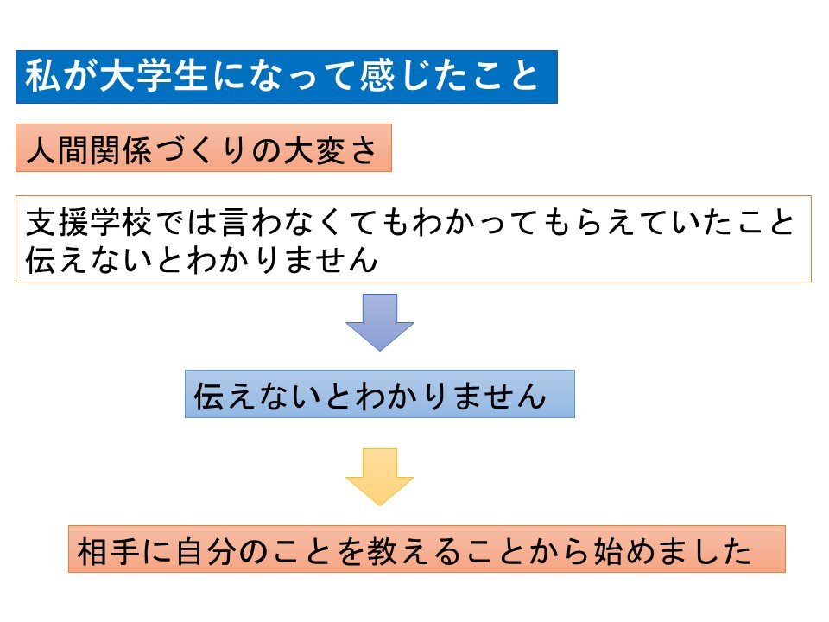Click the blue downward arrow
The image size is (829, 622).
[380, 321]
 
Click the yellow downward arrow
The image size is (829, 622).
[380, 476]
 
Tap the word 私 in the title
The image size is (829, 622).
[42, 76]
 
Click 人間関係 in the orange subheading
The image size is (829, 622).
[89, 150]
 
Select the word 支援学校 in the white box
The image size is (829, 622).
[89, 222]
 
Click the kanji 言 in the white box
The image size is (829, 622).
[234, 222]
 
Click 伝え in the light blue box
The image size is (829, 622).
[225, 396]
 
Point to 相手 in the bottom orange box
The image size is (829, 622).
[109, 551]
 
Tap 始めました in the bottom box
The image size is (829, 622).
[673, 551]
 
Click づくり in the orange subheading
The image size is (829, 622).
[201, 150]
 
